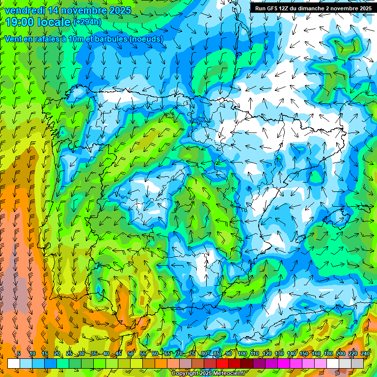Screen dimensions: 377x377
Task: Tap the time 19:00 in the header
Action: [22, 22]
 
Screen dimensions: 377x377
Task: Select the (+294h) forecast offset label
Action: [87, 23]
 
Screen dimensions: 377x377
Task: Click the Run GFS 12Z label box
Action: [313, 8]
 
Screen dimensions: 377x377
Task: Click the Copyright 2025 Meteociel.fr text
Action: [209, 374]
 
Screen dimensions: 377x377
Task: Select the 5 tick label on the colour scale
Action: [19, 354]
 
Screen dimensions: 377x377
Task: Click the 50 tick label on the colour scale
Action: [131, 354]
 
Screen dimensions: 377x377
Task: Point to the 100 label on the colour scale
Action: [242, 354]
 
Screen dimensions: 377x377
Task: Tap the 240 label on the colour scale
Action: [365, 354]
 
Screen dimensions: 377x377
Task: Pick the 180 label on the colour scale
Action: [328, 354]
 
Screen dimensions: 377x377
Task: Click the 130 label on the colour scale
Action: [279, 354]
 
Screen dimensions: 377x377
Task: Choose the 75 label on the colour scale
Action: [192, 354]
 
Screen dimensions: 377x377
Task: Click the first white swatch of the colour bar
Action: [13, 363]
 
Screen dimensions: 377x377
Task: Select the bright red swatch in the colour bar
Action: [222, 363]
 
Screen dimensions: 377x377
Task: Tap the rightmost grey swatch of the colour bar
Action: [357, 363]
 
